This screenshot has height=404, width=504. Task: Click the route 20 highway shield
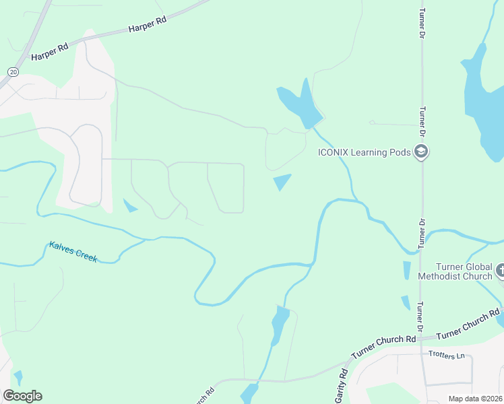click(13, 71)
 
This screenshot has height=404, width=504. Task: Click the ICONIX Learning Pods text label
click(364, 152)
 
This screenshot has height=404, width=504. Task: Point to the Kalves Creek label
click(73, 252)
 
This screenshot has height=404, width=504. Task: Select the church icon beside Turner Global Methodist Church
click(499, 271)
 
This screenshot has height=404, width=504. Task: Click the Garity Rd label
click(342, 386)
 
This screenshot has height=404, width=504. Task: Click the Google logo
click(22, 396)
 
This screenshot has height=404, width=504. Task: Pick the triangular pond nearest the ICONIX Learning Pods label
click(282, 181)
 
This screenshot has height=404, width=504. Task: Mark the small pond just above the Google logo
click(18, 377)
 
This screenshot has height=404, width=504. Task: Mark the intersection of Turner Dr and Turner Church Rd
click(422, 335)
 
